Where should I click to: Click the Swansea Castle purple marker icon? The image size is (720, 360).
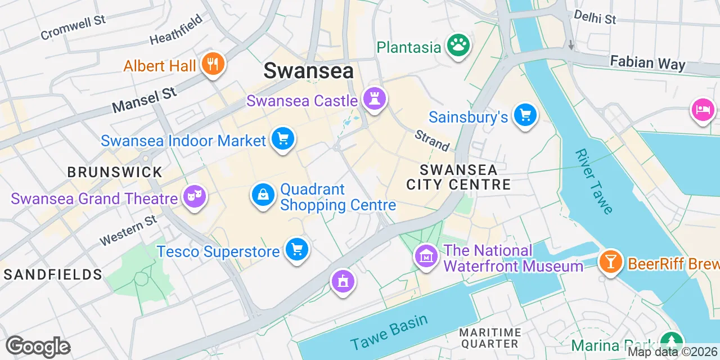point(374,98)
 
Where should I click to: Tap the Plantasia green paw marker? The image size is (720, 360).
point(458,46)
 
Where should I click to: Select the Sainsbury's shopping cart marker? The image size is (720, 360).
point(525,115)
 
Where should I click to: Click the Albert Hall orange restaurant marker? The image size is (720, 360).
point(213,64)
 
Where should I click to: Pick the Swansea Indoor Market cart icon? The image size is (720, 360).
point(282,138)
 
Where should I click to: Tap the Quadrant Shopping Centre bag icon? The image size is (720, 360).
point(263,196)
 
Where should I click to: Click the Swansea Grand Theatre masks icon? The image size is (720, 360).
point(194,197)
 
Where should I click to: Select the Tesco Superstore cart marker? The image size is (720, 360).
point(296,249)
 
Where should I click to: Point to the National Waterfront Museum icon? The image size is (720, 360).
point(426,257)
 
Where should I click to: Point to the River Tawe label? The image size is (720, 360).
point(594,181)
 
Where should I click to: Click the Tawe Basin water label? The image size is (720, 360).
point(389,332)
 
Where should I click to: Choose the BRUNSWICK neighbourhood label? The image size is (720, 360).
point(115,172)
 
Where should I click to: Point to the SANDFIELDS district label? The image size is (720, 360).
point(53,274)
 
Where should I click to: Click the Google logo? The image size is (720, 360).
point(38,346)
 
